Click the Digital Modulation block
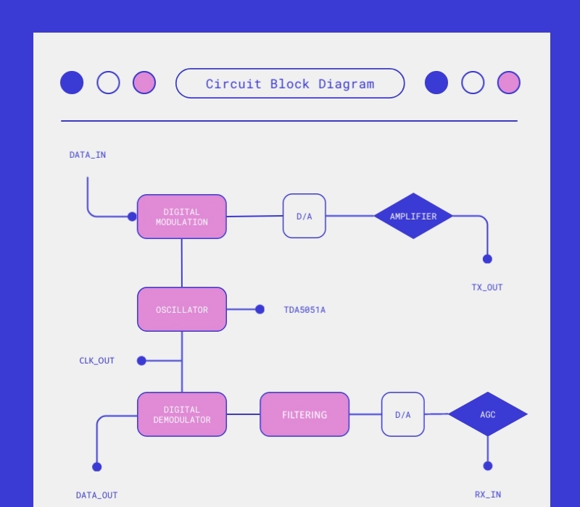(182, 217)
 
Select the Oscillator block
(182, 309)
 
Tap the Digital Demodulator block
(182, 414)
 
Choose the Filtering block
(304, 414)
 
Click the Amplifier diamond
(413, 216)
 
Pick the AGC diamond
(487, 414)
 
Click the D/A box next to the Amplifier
(304, 216)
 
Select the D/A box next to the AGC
(402, 414)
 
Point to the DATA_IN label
(88, 155)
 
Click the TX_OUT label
(487, 288)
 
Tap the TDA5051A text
(304, 310)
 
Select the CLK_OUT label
(97, 361)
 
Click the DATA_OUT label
(96, 495)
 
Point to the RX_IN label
(487, 495)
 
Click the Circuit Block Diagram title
(290, 83)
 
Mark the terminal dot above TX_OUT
(487, 259)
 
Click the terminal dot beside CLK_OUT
(141, 361)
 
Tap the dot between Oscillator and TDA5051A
(260, 309)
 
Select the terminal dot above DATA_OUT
(97, 466)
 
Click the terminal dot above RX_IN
(487, 466)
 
